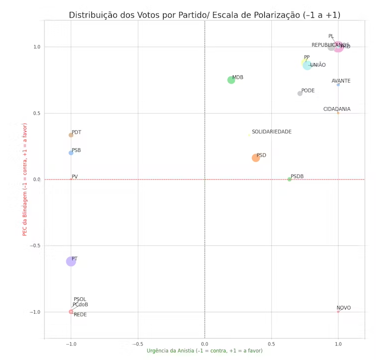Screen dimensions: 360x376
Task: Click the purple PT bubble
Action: click(71, 261)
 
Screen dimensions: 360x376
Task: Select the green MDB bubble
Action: click(231, 80)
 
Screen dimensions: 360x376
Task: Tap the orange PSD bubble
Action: click(256, 158)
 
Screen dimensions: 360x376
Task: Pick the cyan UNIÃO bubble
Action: click(307, 65)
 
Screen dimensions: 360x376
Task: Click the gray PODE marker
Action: click(300, 93)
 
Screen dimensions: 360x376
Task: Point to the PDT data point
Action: click(71, 135)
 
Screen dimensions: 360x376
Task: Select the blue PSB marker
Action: click(71, 153)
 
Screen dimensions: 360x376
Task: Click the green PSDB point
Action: click(289, 179)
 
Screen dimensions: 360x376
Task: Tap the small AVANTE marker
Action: click(338, 85)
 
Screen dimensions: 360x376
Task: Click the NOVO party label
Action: click(344, 308)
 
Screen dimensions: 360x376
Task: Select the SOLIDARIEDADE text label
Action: click(278, 132)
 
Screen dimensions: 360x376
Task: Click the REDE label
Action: click(80, 315)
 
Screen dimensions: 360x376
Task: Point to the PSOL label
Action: click(80, 300)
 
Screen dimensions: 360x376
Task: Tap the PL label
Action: click(331, 36)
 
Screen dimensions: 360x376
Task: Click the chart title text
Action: click(204, 15)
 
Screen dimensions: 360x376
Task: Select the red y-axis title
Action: click(25, 180)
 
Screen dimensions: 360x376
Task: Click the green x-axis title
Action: click(204, 351)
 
